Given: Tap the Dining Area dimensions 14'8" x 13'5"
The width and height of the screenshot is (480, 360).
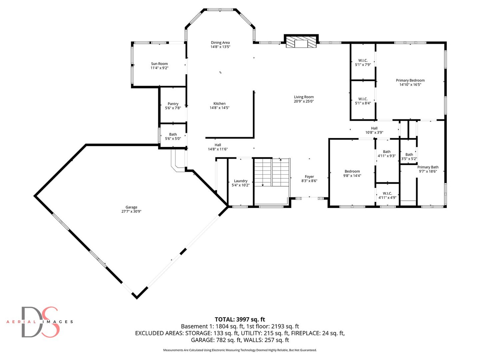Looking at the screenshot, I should (x=220, y=47).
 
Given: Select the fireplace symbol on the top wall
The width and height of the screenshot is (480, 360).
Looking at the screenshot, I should (x=301, y=42).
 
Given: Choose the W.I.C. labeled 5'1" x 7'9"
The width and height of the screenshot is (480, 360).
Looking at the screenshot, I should (x=363, y=63).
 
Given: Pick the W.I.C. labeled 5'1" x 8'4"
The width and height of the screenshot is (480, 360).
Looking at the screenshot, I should (x=363, y=101).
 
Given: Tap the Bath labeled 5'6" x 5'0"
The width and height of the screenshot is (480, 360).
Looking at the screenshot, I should (x=173, y=136).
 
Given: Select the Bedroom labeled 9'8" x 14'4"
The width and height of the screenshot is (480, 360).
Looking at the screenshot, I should (x=352, y=173).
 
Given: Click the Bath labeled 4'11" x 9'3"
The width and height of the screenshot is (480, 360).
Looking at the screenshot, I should (x=387, y=154).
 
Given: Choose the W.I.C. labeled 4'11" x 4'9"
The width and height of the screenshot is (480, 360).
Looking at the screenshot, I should (x=387, y=195).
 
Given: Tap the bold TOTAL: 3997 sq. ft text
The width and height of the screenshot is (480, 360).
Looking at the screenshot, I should (x=240, y=319).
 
